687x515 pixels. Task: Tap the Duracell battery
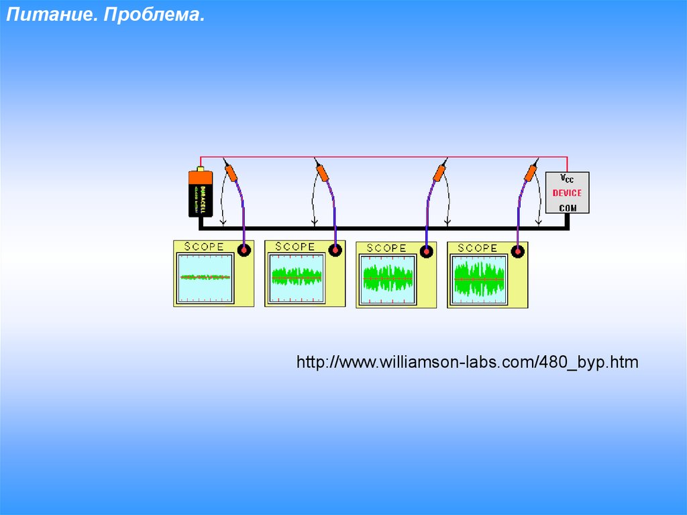(x=201, y=193)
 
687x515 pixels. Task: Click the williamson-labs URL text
(x=468, y=363)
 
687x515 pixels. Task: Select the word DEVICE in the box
(x=567, y=193)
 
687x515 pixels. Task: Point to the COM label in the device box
(x=568, y=207)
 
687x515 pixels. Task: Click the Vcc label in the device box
(x=568, y=179)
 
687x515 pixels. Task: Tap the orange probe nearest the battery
(x=231, y=173)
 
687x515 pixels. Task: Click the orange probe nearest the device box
(x=531, y=173)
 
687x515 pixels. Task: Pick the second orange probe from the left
(x=323, y=173)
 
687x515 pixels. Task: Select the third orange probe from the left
(x=439, y=173)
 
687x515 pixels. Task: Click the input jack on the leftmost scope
(x=244, y=250)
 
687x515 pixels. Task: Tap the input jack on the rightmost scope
(x=517, y=252)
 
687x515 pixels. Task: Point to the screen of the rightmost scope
(x=479, y=279)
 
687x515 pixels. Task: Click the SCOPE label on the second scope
(x=295, y=247)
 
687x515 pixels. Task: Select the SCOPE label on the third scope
(x=386, y=248)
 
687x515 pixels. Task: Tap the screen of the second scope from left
(x=297, y=277)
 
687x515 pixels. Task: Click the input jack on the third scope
(x=426, y=252)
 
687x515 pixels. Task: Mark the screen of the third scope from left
(x=388, y=279)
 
